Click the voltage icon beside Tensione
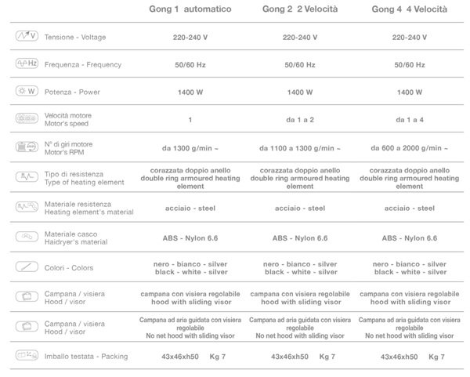coord(27,37)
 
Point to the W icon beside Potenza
coord(27,92)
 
